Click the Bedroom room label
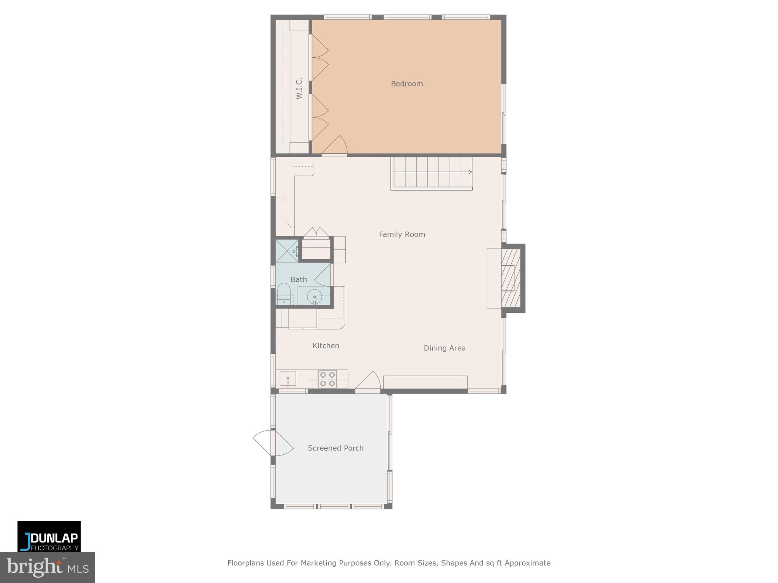pos(406,84)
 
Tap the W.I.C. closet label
pos(299,88)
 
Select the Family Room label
pos(402,235)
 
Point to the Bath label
pos(299,280)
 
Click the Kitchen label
pos(326,346)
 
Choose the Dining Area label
pos(444,348)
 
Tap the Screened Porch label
pos(335,448)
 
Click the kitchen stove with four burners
pos(327,379)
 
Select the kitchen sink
pos(288,378)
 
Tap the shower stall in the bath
pos(287,251)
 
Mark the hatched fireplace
pos(511,278)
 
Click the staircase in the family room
pos(432,173)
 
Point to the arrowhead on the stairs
pos(470,172)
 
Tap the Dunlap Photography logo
pos(49,536)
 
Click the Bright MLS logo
pos(47,567)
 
